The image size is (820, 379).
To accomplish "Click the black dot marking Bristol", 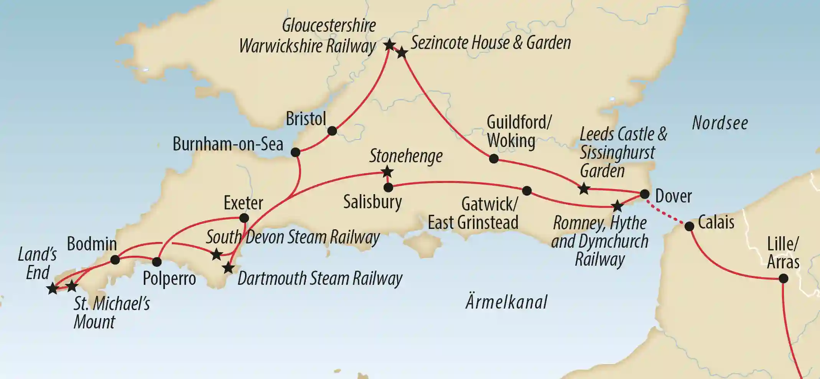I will (x=332, y=131).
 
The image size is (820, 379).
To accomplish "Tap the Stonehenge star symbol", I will (x=387, y=172).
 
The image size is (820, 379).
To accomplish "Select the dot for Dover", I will (x=645, y=194).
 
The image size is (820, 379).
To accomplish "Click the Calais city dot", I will (x=689, y=226).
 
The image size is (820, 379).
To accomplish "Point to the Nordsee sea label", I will (x=720, y=123).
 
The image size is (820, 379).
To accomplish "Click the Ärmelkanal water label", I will (x=506, y=302).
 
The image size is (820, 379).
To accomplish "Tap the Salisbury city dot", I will (x=388, y=188).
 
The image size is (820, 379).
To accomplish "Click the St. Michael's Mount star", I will (x=72, y=286).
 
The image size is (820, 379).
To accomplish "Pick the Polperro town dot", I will (x=157, y=262).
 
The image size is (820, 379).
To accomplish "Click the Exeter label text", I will (x=243, y=203).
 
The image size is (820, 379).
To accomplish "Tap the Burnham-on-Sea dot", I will (x=295, y=152).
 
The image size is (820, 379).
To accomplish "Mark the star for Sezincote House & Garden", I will (x=402, y=53).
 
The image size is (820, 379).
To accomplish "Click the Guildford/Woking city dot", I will (x=494, y=158).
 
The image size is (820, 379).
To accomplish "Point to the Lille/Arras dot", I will (x=784, y=278).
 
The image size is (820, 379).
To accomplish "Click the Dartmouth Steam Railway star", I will (x=229, y=268).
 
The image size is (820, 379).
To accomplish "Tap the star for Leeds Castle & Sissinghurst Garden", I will (x=584, y=188).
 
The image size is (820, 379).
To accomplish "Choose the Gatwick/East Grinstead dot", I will (x=527, y=190).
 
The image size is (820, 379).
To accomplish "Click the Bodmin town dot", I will (x=115, y=260).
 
